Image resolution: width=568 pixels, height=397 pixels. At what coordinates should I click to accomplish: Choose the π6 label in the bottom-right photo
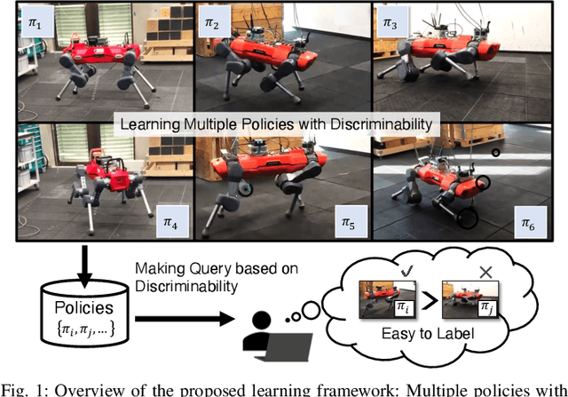(529, 223)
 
